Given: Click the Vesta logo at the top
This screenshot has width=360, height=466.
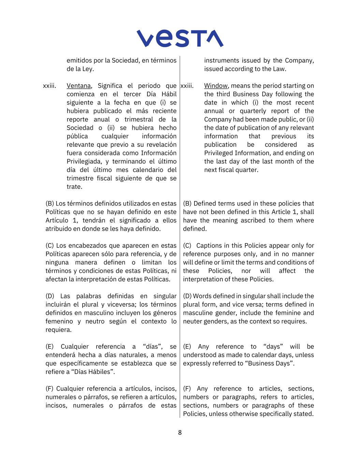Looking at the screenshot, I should pyautogui.click(x=180, y=38).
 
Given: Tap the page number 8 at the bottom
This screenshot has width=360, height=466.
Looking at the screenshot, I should pyautogui.click(x=180, y=433).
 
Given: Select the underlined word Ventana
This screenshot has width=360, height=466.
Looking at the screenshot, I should pyautogui.click(x=78, y=86).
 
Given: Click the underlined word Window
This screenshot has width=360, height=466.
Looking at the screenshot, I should pyautogui.click(x=216, y=86).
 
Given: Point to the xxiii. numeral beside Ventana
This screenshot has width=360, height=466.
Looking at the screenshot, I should pyautogui.click(x=49, y=86).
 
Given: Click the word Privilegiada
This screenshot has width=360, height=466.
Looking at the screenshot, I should pyautogui.click(x=83, y=161).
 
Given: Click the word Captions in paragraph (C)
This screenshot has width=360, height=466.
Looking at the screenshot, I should pyautogui.click(x=208, y=245).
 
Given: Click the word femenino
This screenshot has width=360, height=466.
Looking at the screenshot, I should pyautogui.click(x=59, y=321).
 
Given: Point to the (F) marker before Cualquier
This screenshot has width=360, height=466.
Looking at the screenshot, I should pyautogui.click(x=49, y=389).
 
